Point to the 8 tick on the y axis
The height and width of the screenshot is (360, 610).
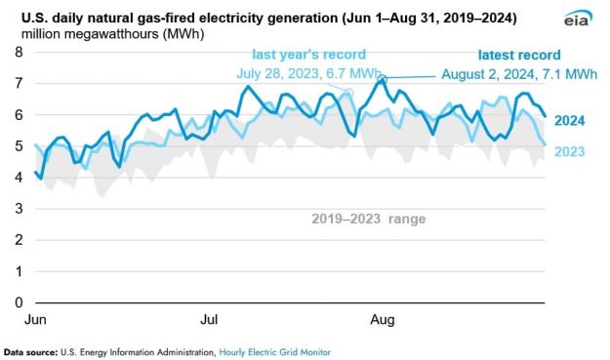pos(18,52)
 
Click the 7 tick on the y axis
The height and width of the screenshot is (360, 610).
pos(18,83)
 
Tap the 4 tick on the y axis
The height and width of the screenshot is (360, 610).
pos(18,177)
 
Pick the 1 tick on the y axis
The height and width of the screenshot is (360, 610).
pos(18,270)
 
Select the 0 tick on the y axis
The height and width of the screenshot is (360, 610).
pos(18,301)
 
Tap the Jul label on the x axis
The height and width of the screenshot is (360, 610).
pos(209,320)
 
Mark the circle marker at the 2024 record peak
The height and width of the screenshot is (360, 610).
pos(384,80)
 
